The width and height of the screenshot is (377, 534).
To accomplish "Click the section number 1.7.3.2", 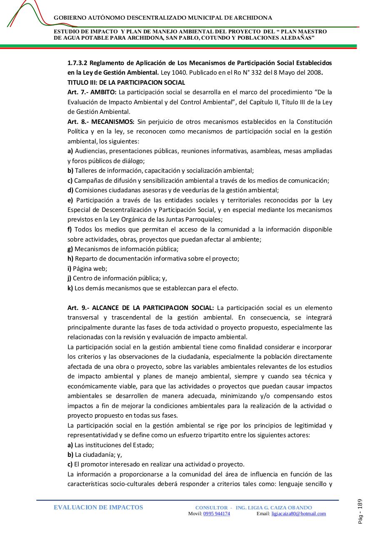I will (x=77, y=63).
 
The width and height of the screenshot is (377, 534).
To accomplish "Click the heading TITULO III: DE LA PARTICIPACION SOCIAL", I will (x=126, y=83).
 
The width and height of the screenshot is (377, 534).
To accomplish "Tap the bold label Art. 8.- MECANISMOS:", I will (x=101, y=122).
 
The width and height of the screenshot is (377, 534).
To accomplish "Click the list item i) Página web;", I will (x=87, y=269).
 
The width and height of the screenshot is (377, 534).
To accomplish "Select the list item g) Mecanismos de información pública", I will (x=123, y=249).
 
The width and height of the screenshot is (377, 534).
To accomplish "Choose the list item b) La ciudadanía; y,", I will (x=95, y=455).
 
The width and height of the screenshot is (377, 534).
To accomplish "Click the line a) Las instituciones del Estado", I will (x=111, y=445).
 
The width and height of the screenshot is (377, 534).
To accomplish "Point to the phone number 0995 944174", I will (x=216, y=514).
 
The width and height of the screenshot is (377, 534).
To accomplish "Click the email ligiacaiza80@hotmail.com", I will (x=298, y=514).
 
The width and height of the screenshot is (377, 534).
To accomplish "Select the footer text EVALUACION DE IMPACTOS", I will (x=98, y=507).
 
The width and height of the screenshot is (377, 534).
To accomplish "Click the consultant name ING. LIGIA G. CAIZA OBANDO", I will (x=274, y=508).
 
